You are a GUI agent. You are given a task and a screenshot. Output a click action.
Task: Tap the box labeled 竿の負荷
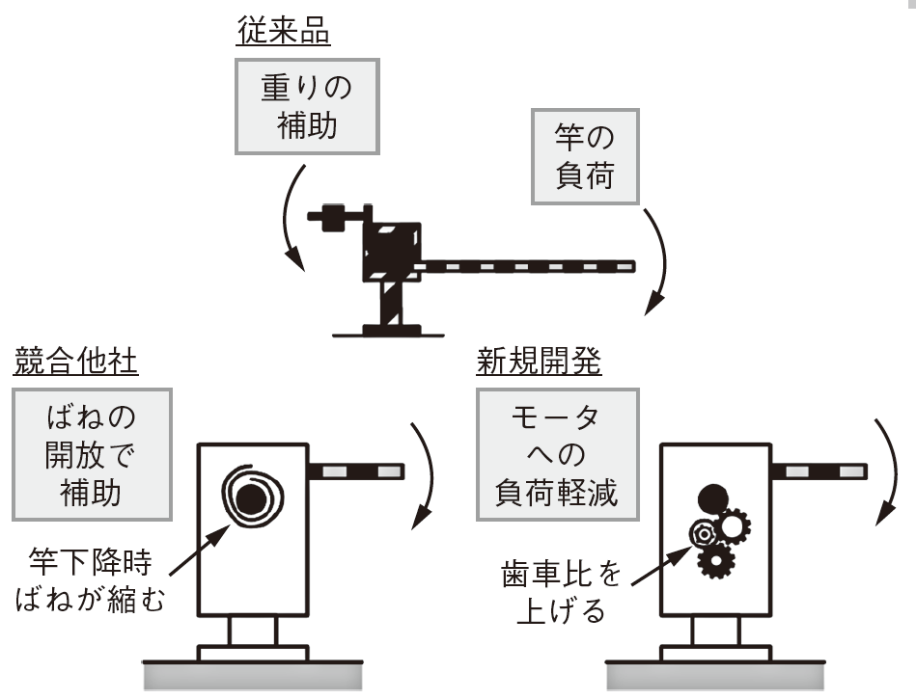[586, 157]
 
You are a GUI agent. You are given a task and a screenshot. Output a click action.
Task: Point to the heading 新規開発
[539, 363]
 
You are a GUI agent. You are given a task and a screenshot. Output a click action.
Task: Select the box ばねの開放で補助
[92, 455]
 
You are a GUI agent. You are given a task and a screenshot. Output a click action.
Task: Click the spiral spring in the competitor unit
[249, 498]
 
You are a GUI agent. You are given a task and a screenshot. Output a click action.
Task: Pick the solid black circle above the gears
[713, 497]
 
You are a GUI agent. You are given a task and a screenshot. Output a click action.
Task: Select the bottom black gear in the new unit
[715, 558]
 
